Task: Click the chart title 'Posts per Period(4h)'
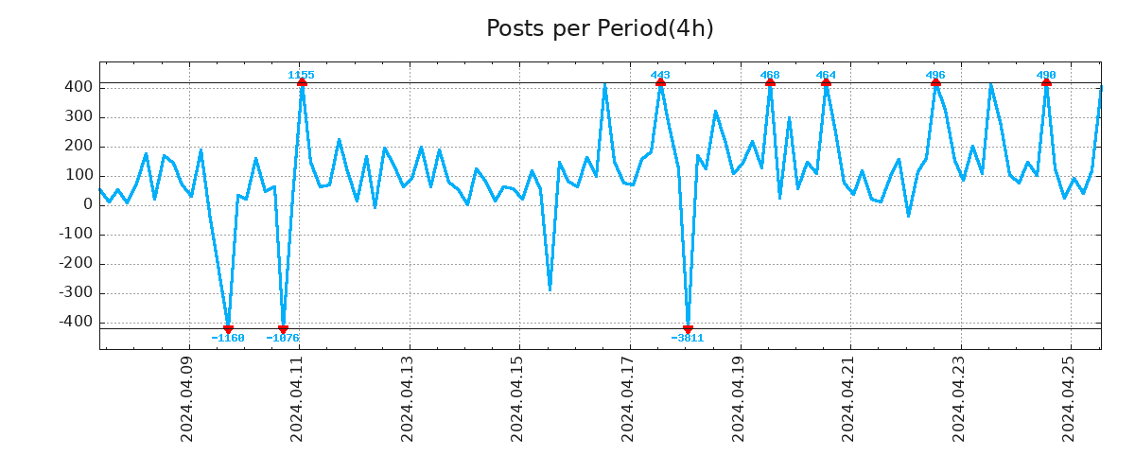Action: [x=600, y=29]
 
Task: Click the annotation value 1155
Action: [x=301, y=75]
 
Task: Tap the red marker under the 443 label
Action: [x=660, y=83]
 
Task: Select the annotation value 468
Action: [x=770, y=75]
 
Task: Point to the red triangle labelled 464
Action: [x=826, y=83]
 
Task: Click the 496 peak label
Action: [x=935, y=75]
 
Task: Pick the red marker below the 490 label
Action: [x=1046, y=83]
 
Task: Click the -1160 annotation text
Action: [x=227, y=338]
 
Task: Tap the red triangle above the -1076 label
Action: [x=283, y=329]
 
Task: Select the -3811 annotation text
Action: [x=688, y=338]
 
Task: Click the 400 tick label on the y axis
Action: [x=79, y=88]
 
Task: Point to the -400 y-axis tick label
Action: [x=75, y=323]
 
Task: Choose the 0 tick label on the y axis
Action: [x=88, y=205]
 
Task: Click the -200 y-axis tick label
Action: [x=75, y=264]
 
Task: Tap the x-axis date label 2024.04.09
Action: [x=187, y=398]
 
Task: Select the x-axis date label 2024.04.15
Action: [x=517, y=398]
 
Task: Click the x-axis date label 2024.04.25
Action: [x=1069, y=398]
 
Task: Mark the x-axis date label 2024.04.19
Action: [x=738, y=398]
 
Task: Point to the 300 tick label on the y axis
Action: [x=79, y=117]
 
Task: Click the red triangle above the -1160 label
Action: [x=228, y=329]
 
